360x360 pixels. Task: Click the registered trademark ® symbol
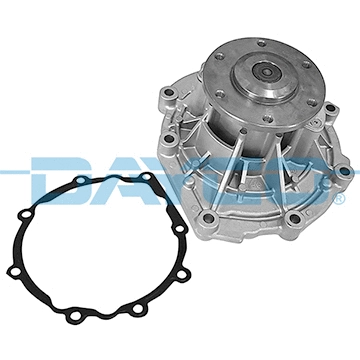pos(340,198)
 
